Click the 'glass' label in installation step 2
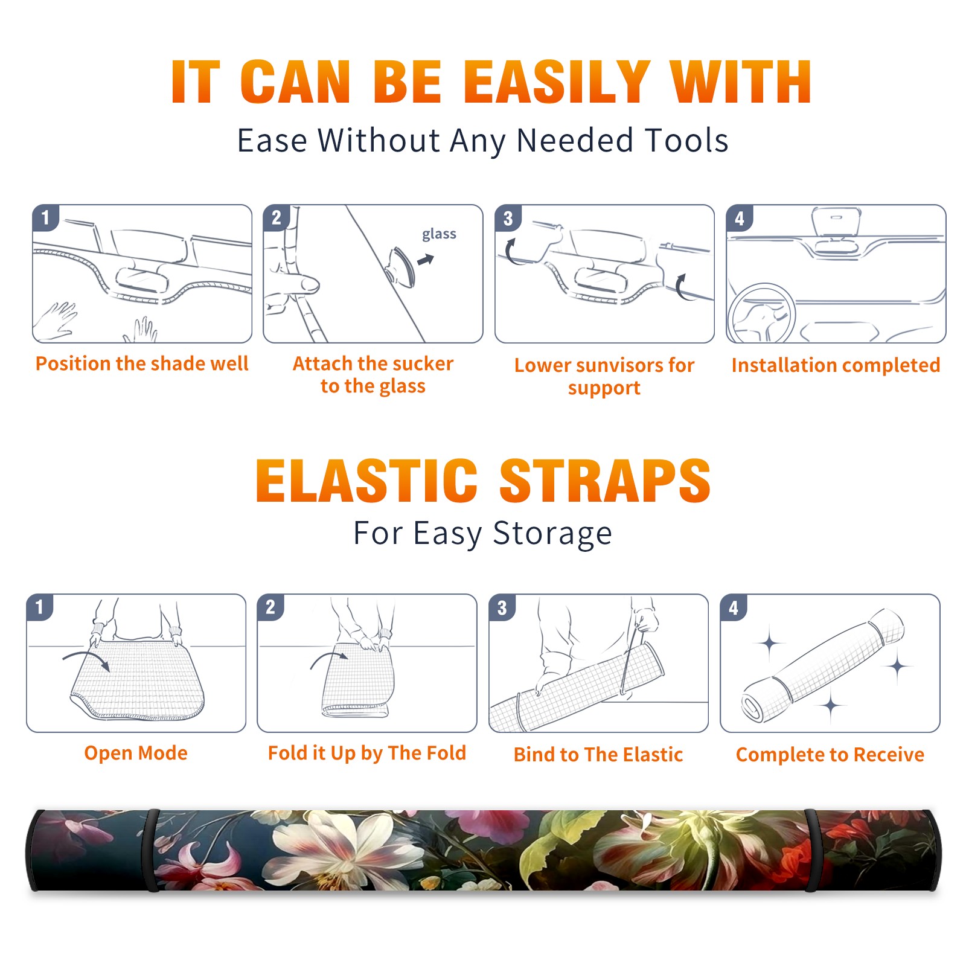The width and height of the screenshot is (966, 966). (439, 234)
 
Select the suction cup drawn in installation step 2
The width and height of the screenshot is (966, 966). (401, 266)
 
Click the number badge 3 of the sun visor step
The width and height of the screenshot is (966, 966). (508, 219)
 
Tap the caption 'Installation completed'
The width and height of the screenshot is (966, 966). (836, 365)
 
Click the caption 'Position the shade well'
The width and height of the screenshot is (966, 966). (142, 363)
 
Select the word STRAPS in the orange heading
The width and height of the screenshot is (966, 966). (605, 481)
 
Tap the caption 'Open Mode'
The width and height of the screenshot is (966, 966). (136, 753)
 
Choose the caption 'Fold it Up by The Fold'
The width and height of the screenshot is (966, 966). (367, 753)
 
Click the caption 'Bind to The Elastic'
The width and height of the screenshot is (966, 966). (598, 755)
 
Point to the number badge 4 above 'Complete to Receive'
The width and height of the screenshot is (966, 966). (734, 607)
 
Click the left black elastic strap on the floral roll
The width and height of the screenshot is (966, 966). (151, 850)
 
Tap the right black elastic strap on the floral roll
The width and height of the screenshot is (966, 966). (814, 850)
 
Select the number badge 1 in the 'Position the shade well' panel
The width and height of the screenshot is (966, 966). (45, 217)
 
